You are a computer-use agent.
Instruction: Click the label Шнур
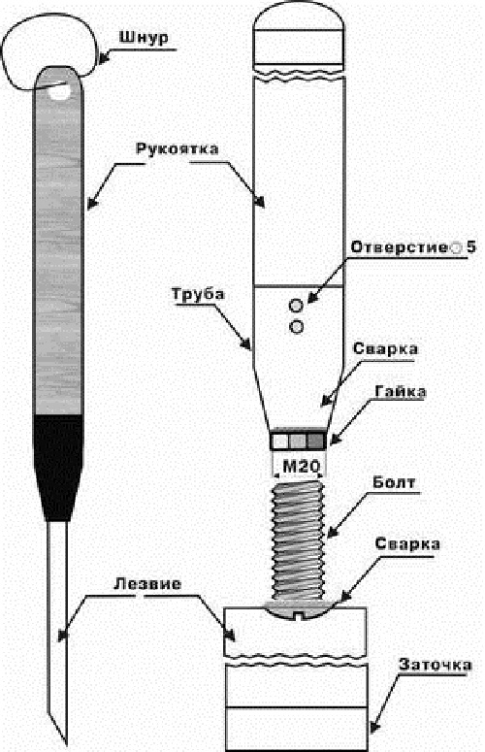coord(144,38)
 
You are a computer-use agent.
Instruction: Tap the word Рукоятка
coord(178,148)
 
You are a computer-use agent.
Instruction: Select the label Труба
coord(198,293)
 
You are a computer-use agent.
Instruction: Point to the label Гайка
coord(401,391)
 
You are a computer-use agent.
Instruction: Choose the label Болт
coord(394,482)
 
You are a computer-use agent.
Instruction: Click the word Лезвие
coord(148,584)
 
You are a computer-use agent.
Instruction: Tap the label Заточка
coord(436,665)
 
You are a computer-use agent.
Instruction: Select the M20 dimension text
coord(299,466)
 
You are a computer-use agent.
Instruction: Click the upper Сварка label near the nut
coord(385,348)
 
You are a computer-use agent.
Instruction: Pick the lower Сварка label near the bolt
coord(407,543)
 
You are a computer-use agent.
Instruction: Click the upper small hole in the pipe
coord(297,305)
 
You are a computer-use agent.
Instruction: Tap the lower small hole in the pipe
coord(297,327)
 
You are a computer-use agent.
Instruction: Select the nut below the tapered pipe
coord(299,440)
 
